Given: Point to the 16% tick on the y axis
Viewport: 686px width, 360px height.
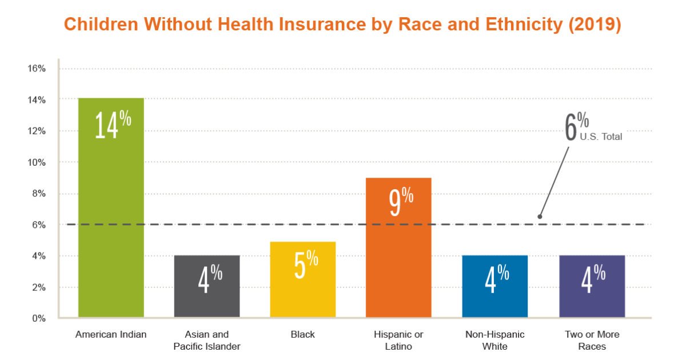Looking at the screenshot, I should coord(37,69).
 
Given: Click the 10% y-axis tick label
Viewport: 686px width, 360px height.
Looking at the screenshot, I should coord(37,162).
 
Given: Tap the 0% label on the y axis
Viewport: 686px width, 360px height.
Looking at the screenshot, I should coord(39,318).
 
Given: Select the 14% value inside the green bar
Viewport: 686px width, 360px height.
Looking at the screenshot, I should coord(113,124).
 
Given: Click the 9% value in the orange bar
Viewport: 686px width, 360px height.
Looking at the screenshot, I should coord(401,203).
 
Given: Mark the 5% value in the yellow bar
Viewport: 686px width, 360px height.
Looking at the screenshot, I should coord(305,265).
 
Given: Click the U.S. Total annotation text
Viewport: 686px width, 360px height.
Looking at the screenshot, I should coord(601,137).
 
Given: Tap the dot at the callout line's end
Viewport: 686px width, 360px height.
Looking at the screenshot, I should coord(540,217).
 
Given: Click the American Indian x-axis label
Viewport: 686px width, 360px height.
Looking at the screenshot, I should coord(111,334).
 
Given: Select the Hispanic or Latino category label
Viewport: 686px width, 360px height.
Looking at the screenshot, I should coord(398,340).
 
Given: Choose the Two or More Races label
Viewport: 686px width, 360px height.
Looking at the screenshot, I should coord(592,340).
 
